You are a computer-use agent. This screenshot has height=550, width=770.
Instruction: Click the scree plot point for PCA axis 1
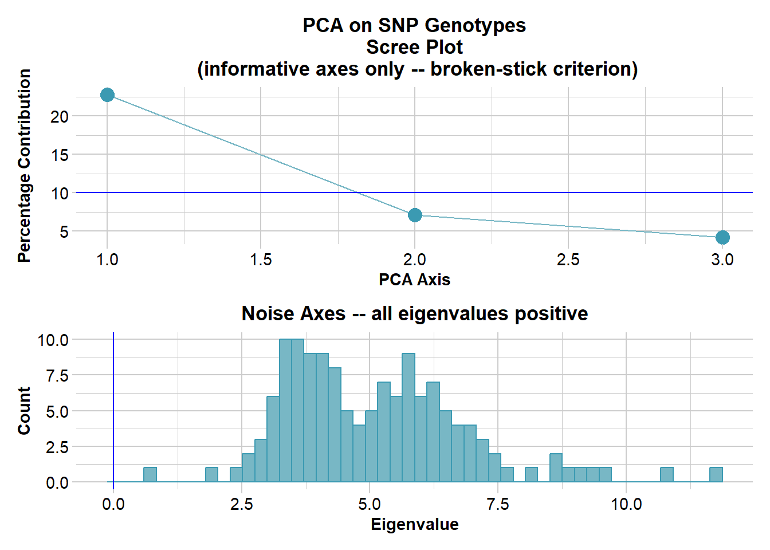click(x=107, y=95)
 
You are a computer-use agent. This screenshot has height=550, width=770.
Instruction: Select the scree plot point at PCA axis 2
click(x=415, y=215)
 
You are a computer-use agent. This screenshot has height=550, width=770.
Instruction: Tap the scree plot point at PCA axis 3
click(x=722, y=237)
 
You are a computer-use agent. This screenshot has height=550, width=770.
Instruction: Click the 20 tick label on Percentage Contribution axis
click(x=59, y=117)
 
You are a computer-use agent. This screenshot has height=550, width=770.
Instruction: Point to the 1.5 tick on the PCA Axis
click(x=261, y=260)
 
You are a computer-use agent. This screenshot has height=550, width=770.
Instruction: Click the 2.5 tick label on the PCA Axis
click(x=568, y=260)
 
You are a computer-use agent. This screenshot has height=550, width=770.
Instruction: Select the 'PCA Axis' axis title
click(x=414, y=280)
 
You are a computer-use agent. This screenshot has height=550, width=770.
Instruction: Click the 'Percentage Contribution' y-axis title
click(x=24, y=166)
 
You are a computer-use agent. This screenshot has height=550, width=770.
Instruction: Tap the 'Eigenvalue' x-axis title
click(x=414, y=524)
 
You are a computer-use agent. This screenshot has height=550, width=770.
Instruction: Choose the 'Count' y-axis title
click(x=24, y=411)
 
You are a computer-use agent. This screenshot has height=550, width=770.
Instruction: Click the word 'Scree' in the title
click(x=391, y=47)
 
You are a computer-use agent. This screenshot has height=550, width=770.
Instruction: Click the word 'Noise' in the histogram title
click(x=266, y=314)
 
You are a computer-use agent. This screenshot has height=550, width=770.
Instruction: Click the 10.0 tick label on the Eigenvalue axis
click(x=626, y=505)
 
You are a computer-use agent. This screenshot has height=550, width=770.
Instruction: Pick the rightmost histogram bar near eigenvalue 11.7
click(x=716, y=475)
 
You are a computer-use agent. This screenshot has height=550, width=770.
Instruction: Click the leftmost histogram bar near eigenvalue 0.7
click(x=150, y=475)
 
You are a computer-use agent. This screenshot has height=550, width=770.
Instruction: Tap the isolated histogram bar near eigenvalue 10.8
click(x=666, y=475)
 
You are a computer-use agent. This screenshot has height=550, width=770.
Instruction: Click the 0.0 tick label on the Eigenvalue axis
click(x=113, y=505)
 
